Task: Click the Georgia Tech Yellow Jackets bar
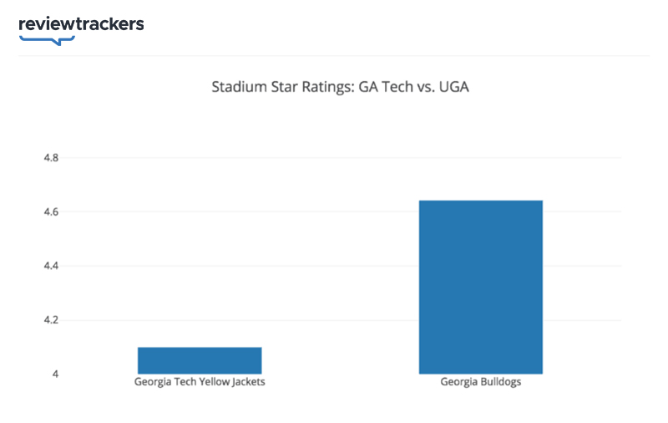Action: tap(200, 360)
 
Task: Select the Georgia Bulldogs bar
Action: tap(480, 287)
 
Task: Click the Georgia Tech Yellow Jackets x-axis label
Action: tap(200, 383)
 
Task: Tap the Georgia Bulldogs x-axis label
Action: tap(480, 383)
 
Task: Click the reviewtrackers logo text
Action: tap(81, 23)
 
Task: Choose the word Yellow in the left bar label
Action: tap(212, 383)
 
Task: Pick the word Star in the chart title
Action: tap(279, 87)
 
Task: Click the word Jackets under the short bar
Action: tap(247, 383)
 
